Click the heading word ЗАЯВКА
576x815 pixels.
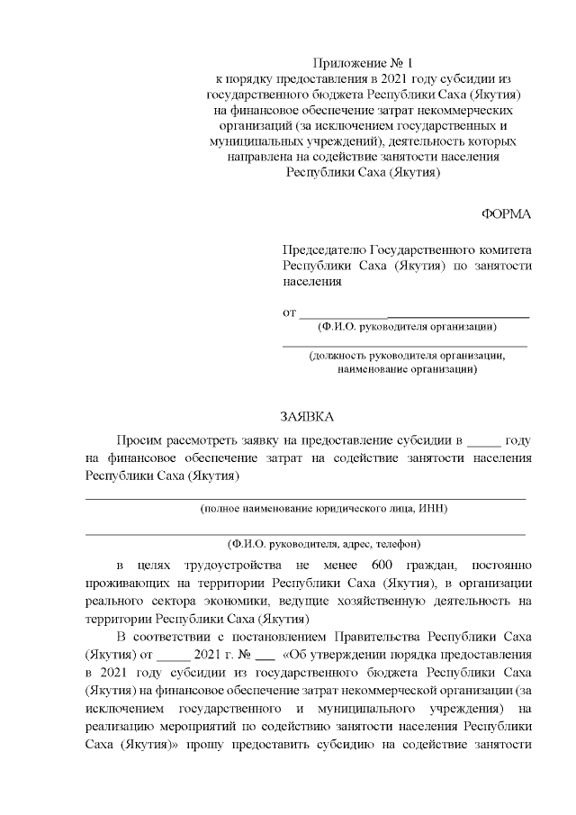coord(307,417)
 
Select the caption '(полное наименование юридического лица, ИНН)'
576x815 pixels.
coord(324,508)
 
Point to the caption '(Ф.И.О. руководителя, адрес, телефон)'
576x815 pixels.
coord(324,544)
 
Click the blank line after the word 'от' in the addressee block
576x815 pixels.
coord(413,314)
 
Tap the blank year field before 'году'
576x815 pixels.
coord(483,441)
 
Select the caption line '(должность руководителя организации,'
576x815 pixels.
coord(407,356)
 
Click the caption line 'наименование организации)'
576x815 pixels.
coord(407,369)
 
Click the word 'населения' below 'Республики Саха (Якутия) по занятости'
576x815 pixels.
coord(312,281)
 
